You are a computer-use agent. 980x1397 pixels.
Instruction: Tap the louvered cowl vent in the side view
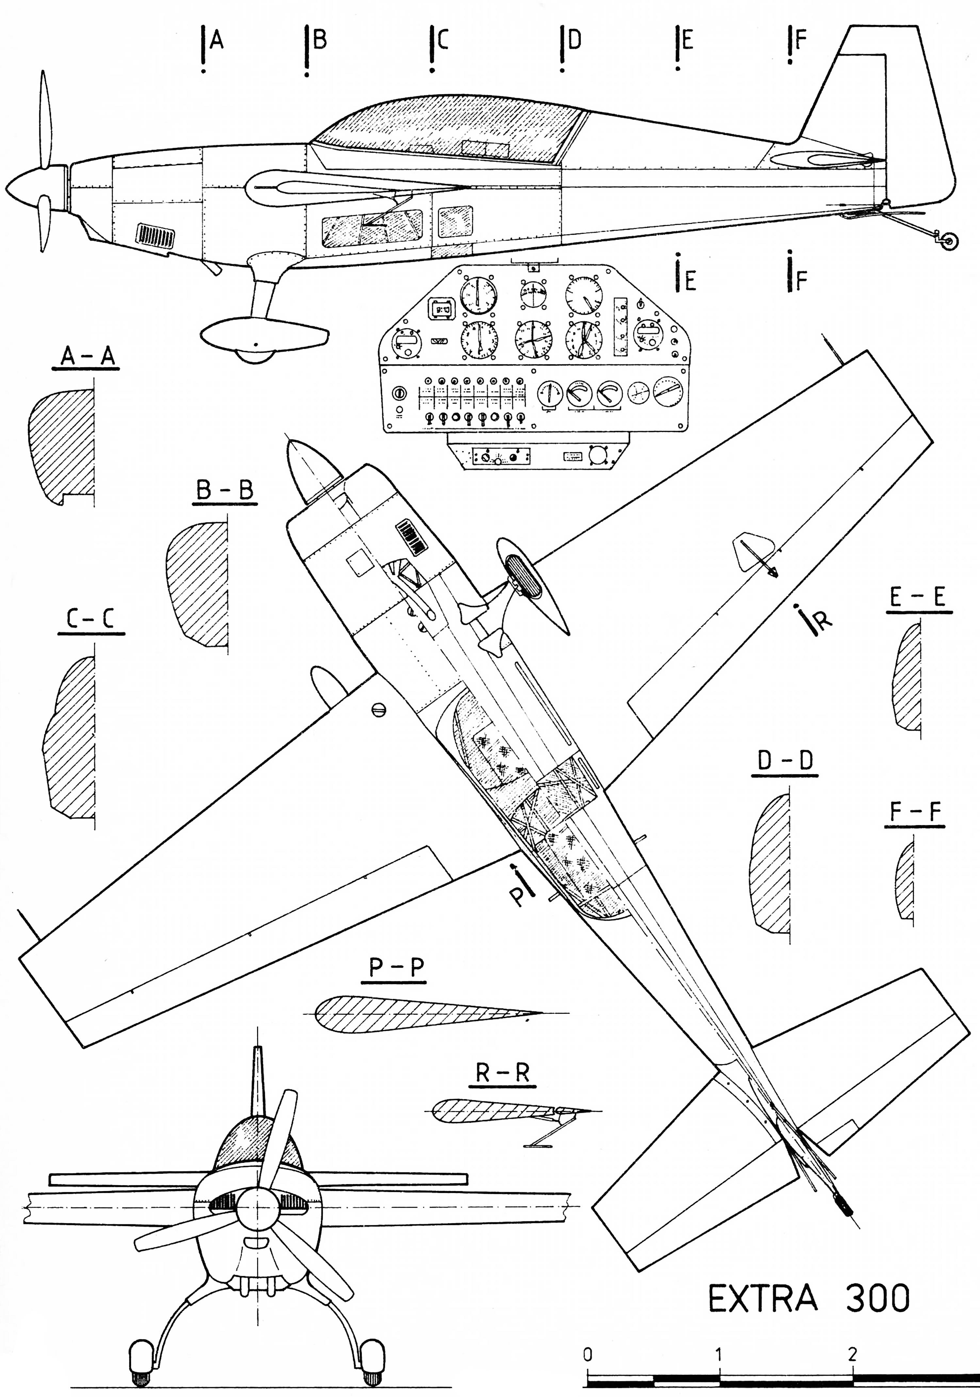[x=156, y=235]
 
